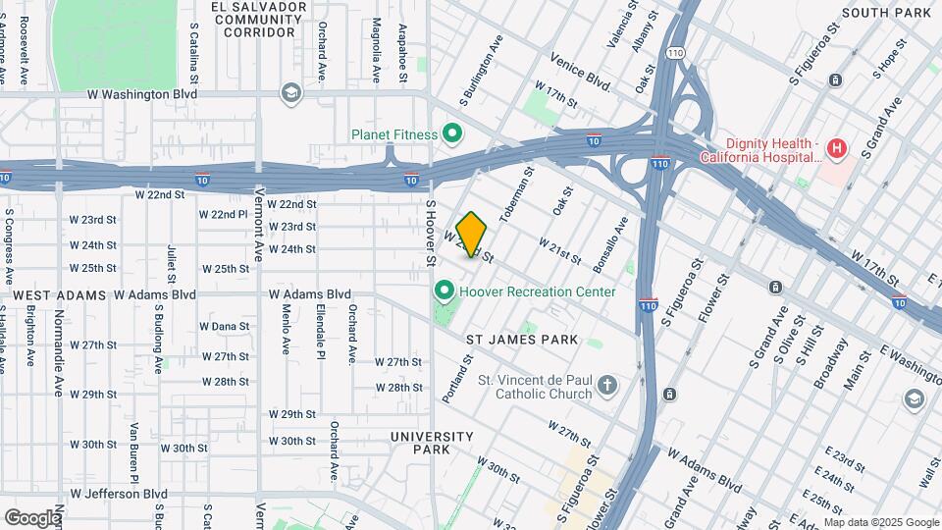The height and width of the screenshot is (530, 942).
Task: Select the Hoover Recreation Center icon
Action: [x=444, y=291]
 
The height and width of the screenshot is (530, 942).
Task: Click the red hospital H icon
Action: [x=836, y=149]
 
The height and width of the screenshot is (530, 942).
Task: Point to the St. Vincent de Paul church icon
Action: [x=607, y=385]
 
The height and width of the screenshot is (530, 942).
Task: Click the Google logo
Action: [x=32, y=517]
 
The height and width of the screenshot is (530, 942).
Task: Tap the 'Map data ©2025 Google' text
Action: [x=880, y=522]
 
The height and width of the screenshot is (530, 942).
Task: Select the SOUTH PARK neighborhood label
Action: [x=886, y=13]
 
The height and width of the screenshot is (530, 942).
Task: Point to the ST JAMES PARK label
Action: [x=521, y=340]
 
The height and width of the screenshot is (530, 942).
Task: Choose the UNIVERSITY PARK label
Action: [x=432, y=443]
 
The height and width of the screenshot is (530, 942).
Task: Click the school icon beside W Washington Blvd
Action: [x=290, y=93]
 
